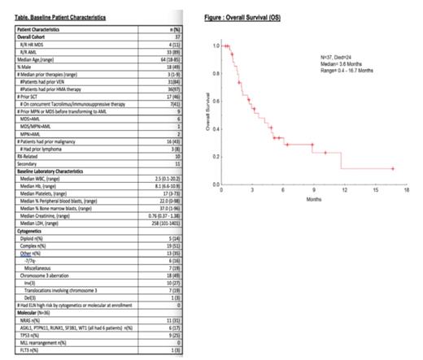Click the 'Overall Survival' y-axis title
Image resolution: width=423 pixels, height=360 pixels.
point(208,117)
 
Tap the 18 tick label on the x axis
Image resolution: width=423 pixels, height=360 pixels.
point(405,190)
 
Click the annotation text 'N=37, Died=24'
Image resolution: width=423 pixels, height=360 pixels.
point(342,56)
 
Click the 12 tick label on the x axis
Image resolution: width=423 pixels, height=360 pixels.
point(344,190)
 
